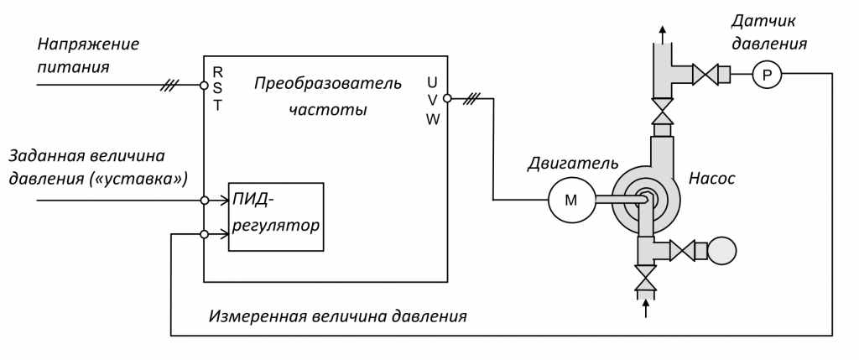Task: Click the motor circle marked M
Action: [x=570, y=200]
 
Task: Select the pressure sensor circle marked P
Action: [x=765, y=76]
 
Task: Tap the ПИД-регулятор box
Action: [x=276, y=216]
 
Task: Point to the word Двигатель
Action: [x=573, y=162]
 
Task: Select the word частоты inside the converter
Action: [x=328, y=110]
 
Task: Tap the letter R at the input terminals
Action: [x=218, y=70]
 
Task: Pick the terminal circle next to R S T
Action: [x=204, y=85]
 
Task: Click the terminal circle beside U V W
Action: [x=447, y=98]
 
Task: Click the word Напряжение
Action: [x=89, y=44]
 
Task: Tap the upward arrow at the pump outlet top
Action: [x=663, y=32]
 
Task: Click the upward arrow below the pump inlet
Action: [x=645, y=309]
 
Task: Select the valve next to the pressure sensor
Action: [x=710, y=76]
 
